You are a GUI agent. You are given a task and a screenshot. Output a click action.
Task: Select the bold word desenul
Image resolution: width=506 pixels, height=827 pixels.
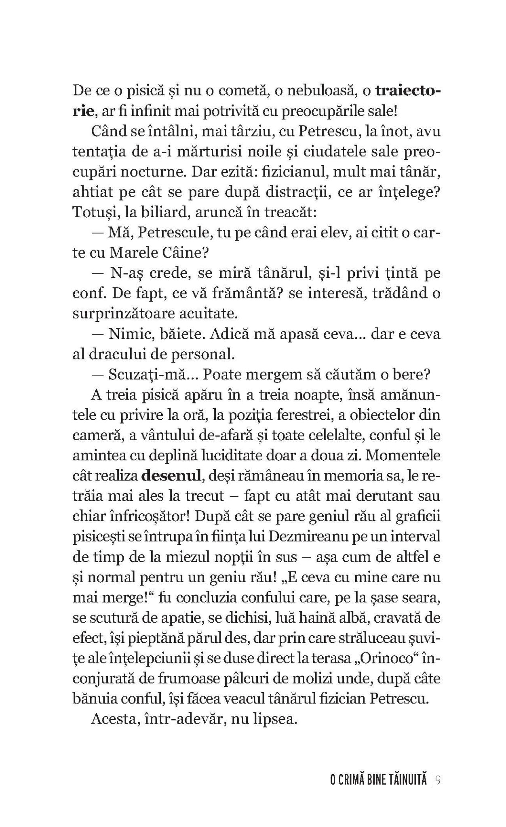point(172,476)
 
